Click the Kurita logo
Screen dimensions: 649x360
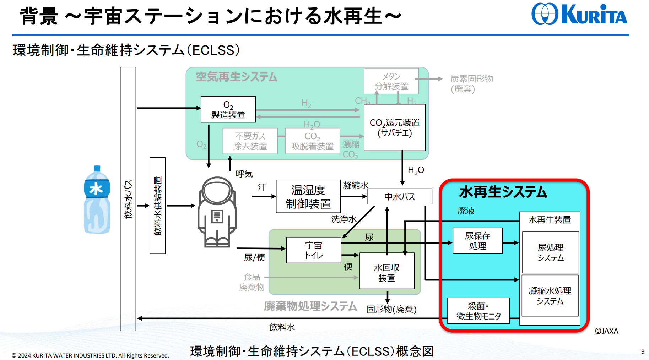point(579,14)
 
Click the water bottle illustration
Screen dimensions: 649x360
point(97,200)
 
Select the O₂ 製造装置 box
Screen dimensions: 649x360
point(228,109)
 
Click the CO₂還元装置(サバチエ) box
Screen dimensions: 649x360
point(395,127)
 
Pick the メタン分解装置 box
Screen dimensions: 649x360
point(391,81)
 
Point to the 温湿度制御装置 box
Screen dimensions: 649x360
point(308,196)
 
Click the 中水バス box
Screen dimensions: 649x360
point(399,196)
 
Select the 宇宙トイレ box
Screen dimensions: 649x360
point(313,250)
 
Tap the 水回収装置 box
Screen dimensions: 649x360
point(387,271)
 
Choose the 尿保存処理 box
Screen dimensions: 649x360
point(477,241)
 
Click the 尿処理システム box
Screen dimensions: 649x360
point(551,252)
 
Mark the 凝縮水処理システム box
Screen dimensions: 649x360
point(550,295)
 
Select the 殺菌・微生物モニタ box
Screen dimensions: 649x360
point(478,311)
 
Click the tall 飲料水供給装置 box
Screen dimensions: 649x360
point(158,206)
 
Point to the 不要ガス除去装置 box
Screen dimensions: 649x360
point(250,141)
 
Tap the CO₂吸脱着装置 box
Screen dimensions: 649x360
point(312,141)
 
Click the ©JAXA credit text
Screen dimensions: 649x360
point(607,331)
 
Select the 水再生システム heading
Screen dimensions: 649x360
point(503,192)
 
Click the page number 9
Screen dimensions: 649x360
point(643,351)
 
